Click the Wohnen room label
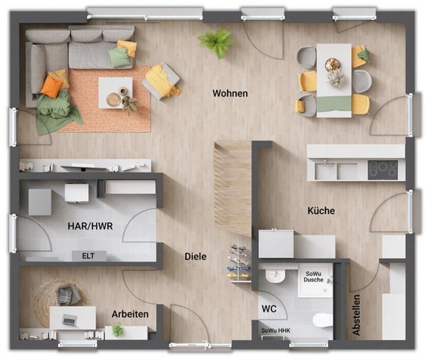pyautogui.click(x=230, y=93)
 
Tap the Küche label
pyautogui.click(x=321, y=211)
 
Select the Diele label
pyautogui.click(x=195, y=257)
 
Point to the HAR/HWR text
pyautogui.click(x=90, y=226)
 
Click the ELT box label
pyautogui.click(x=88, y=256)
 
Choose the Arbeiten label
pyautogui.click(x=130, y=314)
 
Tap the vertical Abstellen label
pyautogui.click(x=356, y=315)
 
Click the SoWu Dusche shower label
pyautogui.click(x=314, y=277)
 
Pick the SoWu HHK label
pyautogui.click(x=276, y=331)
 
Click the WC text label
pyautogui.click(x=269, y=308)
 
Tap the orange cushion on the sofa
pyautogui.click(x=52, y=86)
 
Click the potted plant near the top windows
pyautogui.click(x=216, y=42)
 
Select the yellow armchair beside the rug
pyautogui.click(x=162, y=81)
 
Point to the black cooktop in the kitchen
pyautogui.click(x=383, y=170)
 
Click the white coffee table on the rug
pyautogui.click(x=115, y=93)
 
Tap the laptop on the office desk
pyautogui.click(x=70, y=319)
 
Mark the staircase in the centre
pyautogui.click(x=232, y=188)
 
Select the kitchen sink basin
pyautogui.click(x=325, y=171)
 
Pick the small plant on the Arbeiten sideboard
pyautogui.click(x=118, y=329)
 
